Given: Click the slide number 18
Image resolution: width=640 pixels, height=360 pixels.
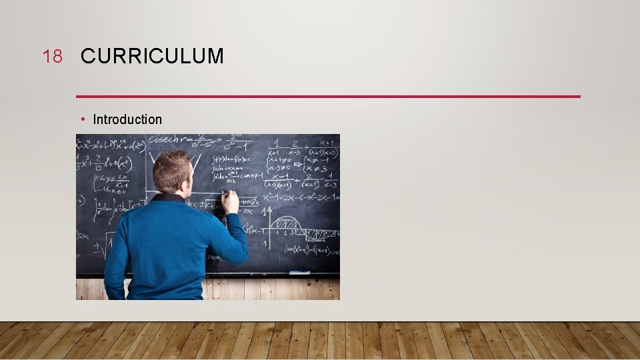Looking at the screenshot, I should [52, 57].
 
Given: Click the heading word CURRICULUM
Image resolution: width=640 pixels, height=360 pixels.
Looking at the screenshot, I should [152, 57].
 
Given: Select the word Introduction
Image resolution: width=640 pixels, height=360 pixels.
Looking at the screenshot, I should [127, 119].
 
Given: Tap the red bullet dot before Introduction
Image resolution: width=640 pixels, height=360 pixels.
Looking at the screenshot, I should [82, 119].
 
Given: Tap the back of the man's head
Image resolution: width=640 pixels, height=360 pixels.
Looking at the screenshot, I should [171, 170].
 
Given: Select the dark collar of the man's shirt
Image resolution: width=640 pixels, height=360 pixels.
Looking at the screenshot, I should [167, 197].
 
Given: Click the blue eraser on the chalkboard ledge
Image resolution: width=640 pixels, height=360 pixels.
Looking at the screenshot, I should [299, 272].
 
